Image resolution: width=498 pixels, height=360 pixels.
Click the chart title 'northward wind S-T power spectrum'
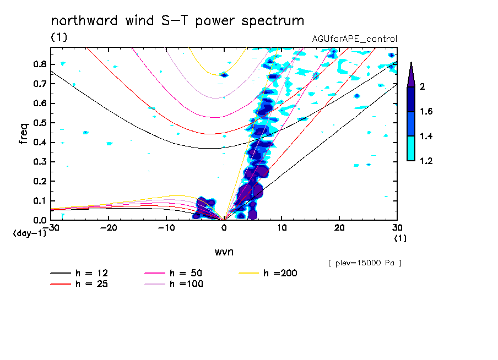pyautogui.click(x=177, y=21)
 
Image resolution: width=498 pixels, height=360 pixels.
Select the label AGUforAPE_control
pyautogui.click(x=354, y=39)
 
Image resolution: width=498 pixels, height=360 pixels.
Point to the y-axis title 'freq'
pyautogui.click(x=24, y=133)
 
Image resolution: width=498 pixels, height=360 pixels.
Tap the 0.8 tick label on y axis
pyautogui.click(x=39, y=64)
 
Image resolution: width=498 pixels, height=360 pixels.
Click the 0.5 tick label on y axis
pyautogui.click(x=39, y=123)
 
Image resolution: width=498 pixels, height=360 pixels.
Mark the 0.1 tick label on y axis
pyautogui.click(x=39, y=201)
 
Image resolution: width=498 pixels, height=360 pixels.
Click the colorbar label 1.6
pyautogui.click(x=426, y=112)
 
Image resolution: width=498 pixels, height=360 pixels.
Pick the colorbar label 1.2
pyautogui.click(x=426, y=161)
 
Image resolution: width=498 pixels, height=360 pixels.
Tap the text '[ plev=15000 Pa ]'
pyautogui.click(x=364, y=263)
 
